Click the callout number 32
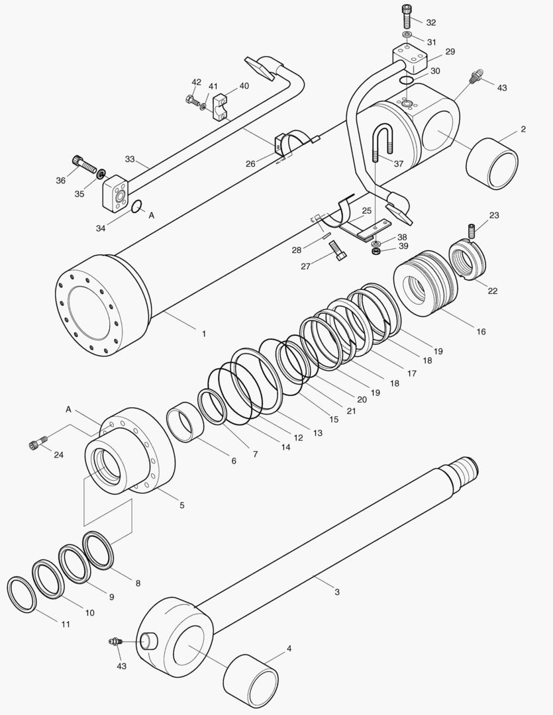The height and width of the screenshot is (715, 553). pyautogui.click(x=431, y=23)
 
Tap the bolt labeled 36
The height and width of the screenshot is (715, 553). pyautogui.click(x=83, y=164)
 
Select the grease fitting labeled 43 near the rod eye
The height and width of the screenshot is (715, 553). pyautogui.click(x=115, y=641)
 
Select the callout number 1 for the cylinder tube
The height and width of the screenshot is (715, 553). pyautogui.click(x=204, y=334)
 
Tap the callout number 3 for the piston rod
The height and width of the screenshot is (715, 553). pyautogui.click(x=337, y=592)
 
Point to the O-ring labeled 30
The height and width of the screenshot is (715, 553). pyautogui.click(x=407, y=81)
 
